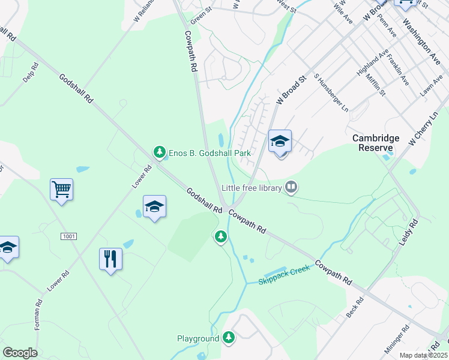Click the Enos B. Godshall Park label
pos(209,153)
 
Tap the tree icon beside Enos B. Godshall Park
pos(159,152)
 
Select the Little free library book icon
pos(291,188)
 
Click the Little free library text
pos(252,188)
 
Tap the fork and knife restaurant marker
pos(110,259)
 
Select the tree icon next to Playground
pos(228,338)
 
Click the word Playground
pos(198,338)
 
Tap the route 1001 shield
pos(68,236)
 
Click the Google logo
pos(20,352)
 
